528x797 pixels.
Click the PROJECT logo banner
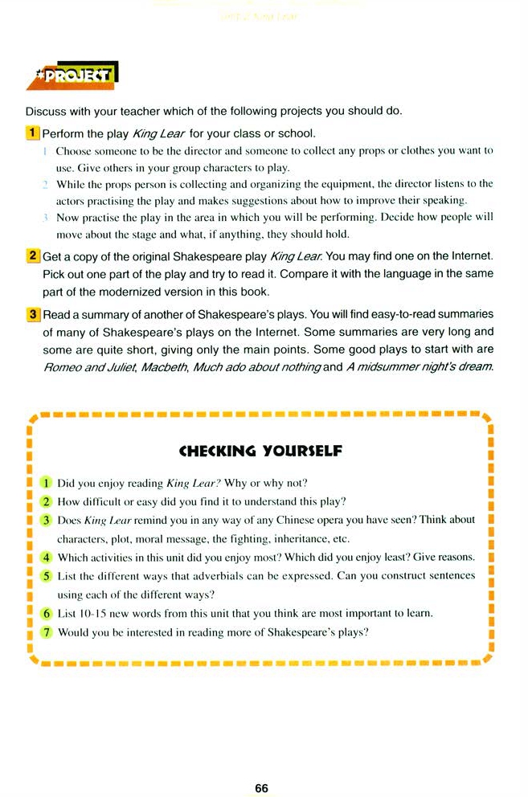click(78, 76)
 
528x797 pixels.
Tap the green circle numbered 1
click(46, 483)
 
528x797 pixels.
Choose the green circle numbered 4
click(46, 557)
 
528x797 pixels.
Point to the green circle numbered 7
click(46, 631)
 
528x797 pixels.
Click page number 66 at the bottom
click(261, 788)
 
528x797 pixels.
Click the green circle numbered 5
click(46, 575)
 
